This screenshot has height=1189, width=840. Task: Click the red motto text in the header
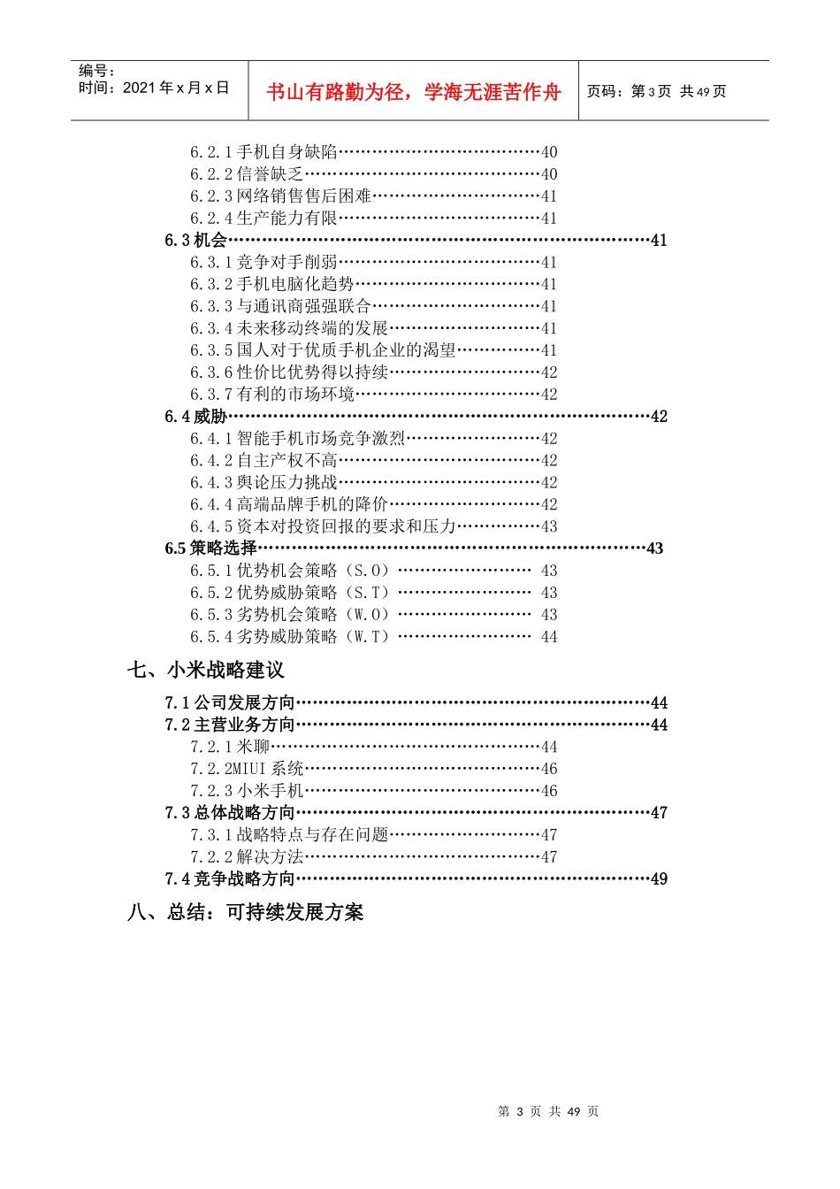tap(413, 92)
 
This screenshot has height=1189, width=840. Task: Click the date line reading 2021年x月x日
tap(154, 88)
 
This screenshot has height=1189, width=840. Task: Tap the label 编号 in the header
tap(96, 71)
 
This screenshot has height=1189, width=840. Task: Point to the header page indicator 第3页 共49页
tap(656, 91)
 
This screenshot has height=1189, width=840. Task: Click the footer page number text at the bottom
tap(548, 1111)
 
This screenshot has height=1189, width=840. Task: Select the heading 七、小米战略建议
tap(206, 670)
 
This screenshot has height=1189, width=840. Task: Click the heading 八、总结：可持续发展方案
tap(246, 912)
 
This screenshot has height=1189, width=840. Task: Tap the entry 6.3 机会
tap(196, 240)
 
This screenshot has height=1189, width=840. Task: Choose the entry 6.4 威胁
tap(196, 416)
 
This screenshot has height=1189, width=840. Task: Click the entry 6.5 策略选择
tap(211, 548)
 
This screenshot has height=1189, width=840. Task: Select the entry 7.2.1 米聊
tap(230, 747)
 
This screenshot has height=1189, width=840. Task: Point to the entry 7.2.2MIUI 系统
tap(247, 769)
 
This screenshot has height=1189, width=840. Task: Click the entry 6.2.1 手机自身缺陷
tap(263, 152)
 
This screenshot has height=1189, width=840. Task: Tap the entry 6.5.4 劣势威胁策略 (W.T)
tap(290, 636)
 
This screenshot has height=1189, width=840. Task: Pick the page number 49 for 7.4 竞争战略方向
tap(659, 878)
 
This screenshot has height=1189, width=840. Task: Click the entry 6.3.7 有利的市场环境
tap(272, 394)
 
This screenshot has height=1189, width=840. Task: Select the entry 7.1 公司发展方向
tap(230, 702)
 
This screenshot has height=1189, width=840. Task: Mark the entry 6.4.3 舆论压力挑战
tap(263, 482)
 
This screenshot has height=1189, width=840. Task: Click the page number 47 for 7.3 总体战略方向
tap(659, 812)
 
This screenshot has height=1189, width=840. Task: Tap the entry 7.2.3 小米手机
tap(247, 791)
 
